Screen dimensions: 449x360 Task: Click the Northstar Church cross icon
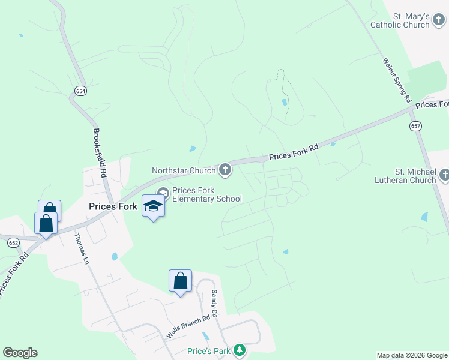tap(225, 170)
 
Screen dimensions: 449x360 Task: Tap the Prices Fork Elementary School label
tap(206, 195)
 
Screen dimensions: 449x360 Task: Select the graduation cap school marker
tap(154, 206)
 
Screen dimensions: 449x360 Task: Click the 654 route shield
tap(80, 91)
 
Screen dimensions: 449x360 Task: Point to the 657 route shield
tap(415, 126)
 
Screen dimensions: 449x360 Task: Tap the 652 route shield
tap(14, 242)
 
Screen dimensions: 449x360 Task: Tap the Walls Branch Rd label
tap(188, 327)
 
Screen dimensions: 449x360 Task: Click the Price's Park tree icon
tap(240, 350)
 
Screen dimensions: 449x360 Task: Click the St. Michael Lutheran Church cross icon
tap(444, 175)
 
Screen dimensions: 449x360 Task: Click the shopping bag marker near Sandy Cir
tap(180, 280)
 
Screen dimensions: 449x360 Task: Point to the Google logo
tap(20, 353)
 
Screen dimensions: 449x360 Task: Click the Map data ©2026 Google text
tap(412, 355)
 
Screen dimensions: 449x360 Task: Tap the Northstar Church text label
tap(184, 170)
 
